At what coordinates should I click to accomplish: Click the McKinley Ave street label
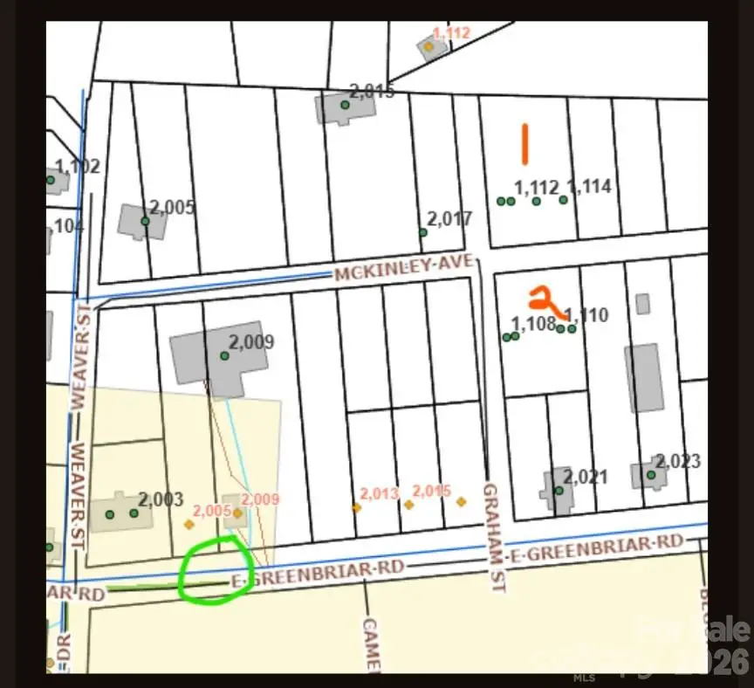coord(403,267)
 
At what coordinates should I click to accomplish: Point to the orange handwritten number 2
coord(545,300)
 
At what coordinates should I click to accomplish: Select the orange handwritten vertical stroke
coord(525,144)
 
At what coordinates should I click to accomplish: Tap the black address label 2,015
coord(372,91)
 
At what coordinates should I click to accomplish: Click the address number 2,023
coord(678,461)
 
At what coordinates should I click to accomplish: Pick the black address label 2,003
coord(161,499)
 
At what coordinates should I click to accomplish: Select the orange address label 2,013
coord(379,494)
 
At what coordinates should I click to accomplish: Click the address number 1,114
coord(589,187)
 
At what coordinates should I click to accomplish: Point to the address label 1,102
coord(78,167)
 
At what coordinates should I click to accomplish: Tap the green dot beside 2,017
coord(423,232)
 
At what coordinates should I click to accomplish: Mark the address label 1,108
coord(534,324)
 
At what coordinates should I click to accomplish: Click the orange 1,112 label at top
coord(451,33)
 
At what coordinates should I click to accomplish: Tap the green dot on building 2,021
coord(559,491)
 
